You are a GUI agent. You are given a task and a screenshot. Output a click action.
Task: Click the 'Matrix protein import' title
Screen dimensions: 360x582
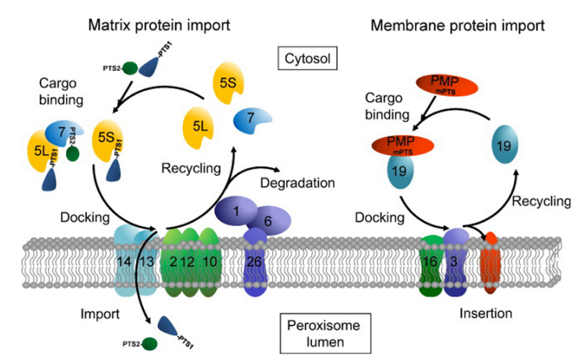click(159, 26)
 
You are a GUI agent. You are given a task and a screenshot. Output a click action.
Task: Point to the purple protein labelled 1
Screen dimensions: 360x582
click(235, 212)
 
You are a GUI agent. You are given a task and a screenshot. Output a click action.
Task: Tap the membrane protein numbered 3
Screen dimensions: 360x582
click(455, 261)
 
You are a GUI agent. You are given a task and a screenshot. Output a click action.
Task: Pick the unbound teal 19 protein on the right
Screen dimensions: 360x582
click(504, 145)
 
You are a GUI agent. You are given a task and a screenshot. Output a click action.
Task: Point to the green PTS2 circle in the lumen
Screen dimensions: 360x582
click(148, 344)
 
